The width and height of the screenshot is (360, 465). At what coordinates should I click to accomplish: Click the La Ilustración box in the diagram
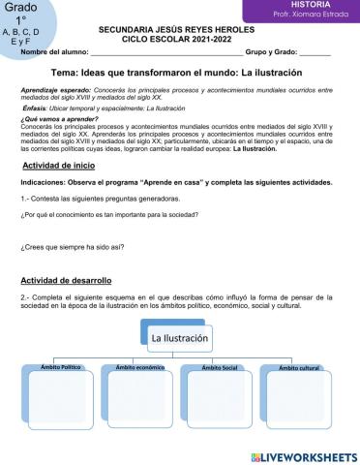(x=179, y=338)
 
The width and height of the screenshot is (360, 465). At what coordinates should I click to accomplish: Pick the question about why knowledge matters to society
(x=115, y=213)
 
